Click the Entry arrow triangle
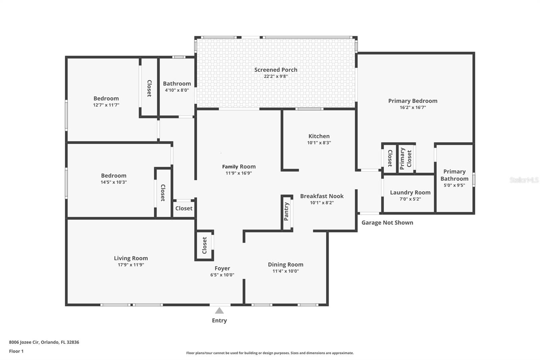219,311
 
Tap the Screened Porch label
276,70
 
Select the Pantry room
287,212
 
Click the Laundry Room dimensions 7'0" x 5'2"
410,199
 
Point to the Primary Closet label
406,158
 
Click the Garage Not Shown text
387,223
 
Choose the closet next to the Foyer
205,245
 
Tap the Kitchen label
319,136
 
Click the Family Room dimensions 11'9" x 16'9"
239,173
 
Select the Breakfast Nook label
322,196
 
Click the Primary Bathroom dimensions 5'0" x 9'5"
454,185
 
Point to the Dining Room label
286,264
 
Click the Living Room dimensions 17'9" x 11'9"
131,265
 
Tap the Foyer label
222,268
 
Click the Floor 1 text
16,351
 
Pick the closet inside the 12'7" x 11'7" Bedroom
149,88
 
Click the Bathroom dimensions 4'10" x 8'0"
177,90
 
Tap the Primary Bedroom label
412,101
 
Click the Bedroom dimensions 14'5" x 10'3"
114,182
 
